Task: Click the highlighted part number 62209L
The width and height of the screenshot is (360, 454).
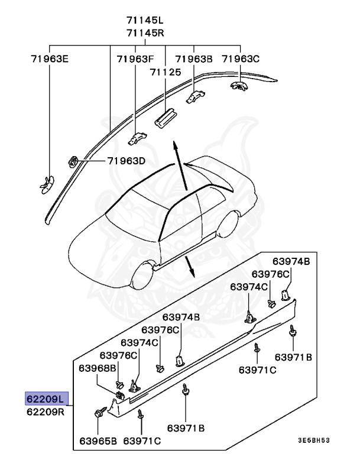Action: [x=47, y=398]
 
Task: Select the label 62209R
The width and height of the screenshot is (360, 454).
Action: [x=47, y=411]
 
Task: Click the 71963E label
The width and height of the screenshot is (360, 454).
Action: [x=50, y=59]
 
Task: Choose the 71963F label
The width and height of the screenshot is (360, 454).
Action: [x=135, y=59]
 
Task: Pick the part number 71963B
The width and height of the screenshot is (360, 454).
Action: [x=194, y=59]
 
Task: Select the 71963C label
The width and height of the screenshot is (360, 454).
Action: [x=241, y=59]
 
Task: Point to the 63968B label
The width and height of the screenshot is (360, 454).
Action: [x=98, y=368]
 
